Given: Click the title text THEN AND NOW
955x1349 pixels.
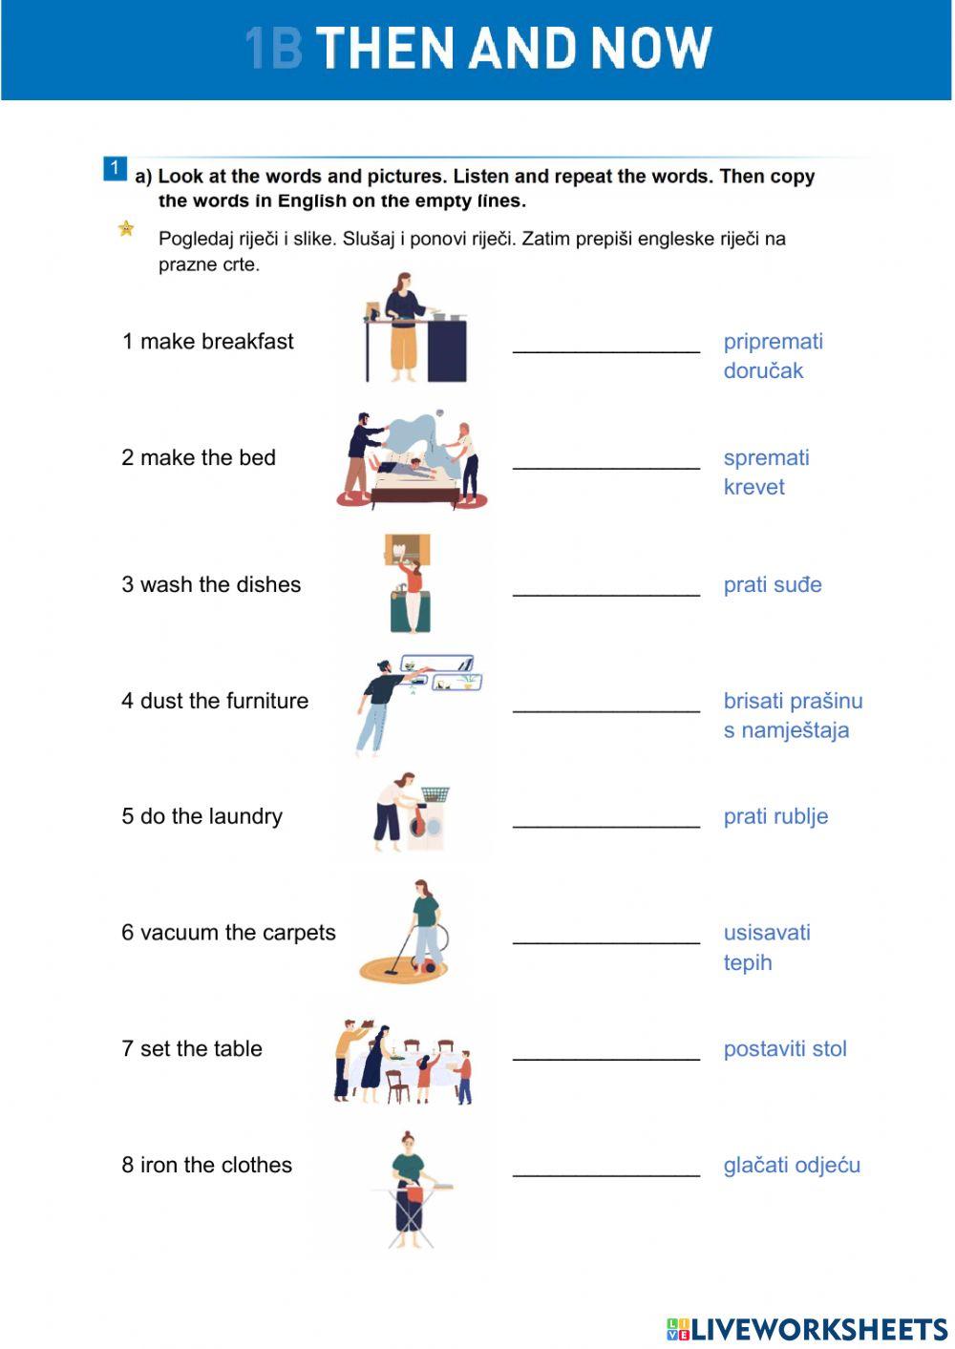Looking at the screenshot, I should [x=513, y=48].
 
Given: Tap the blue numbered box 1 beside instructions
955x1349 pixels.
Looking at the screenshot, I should [x=114, y=169].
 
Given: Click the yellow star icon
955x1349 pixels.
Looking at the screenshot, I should [x=126, y=229].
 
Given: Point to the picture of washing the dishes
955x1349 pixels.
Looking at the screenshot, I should [x=410, y=583].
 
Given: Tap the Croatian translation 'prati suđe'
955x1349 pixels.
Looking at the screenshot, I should [x=772, y=584].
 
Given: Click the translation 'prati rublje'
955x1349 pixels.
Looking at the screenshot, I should [x=775, y=816].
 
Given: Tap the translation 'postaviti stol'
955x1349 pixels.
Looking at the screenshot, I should [x=784, y=1048].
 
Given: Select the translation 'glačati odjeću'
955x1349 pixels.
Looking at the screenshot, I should [x=791, y=1165].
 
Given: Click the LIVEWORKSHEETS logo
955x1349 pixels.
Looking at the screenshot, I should [x=806, y=1328].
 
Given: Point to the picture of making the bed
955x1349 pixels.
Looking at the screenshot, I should [x=413, y=460].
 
